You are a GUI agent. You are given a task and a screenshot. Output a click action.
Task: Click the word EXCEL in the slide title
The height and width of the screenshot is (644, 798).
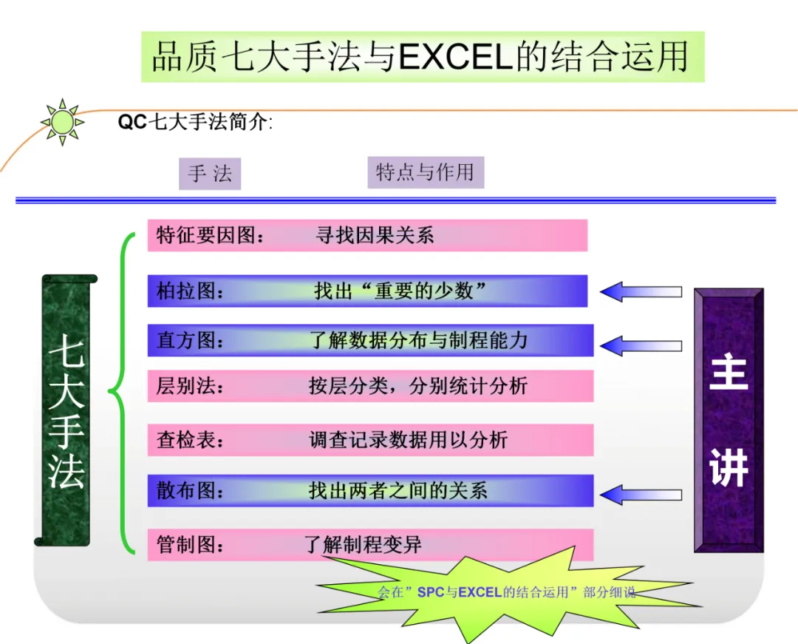pyautogui.click(x=455, y=56)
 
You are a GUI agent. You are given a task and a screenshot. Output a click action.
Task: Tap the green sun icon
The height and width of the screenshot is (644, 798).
pyautogui.click(x=63, y=122)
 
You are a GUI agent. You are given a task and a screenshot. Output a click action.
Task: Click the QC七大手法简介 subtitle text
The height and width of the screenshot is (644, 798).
pyautogui.click(x=195, y=122)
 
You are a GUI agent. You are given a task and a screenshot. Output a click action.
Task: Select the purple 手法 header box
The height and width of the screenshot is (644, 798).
pyautogui.click(x=210, y=174)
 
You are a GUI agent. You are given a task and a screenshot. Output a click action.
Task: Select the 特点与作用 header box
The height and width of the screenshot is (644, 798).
pyautogui.click(x=426, y=172)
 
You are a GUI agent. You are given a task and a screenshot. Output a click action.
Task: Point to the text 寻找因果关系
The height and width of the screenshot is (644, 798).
pyautogui.click(x=375, y=235)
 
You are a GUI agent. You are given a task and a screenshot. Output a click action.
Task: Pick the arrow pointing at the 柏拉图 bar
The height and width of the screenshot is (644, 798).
pyautogui.click(x=641, y=292)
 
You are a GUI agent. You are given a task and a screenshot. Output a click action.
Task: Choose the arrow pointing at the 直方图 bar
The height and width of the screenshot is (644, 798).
pyautogui.click(x=641, y=346)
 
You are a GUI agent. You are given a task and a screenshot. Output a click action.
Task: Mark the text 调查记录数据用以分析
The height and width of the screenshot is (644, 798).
pyautogui.click(x=408, y=440)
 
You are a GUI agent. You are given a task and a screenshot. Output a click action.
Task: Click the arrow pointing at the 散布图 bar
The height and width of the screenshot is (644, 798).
pyautogui.click(x=641, y=495)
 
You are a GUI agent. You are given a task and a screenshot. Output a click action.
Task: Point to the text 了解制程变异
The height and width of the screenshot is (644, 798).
pyautogui.click(x=363, y=545)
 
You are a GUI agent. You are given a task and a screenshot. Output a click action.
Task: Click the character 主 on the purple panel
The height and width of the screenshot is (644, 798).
pyautogui.click(x=729, y=373)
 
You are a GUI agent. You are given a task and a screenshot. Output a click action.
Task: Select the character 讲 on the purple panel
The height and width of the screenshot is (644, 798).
pyautogui.click(x=729, y=467)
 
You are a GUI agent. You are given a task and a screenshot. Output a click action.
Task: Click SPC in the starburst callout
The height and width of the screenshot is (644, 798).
pyautogui.click(x=431, y=592)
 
